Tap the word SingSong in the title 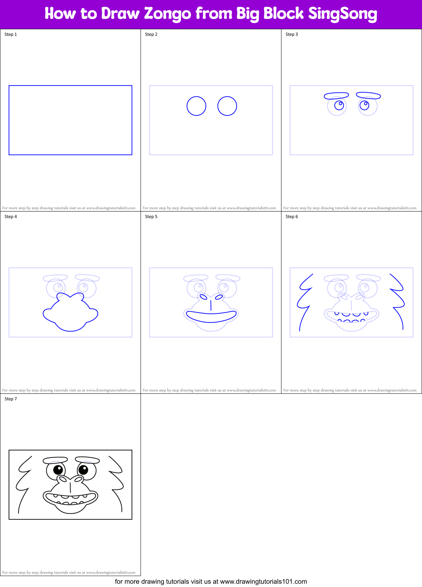pyautogui.click(x=342, y=14)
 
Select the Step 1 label pyautogui.click(x=11, y=34)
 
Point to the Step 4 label pyautogui.click(x=11, y=217)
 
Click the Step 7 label pyautogui.click(x=11, y=399)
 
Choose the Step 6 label pyautogui.click(x=292, y=217)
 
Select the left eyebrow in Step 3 pyautogui.click(x=336, y=96)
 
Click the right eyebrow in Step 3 pyautogui.click(x=368, y=96)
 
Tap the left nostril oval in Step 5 pyautogui.click(x=203, y=297)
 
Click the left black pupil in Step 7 pyautogui.click(x=58, y=470)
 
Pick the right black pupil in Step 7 pyautogui.click(x=83, y=469)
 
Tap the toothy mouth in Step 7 pyautogui.click(x=70, y=498)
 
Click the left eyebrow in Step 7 pyautogui.click(x=55, y=460)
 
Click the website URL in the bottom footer pyautogui.click(x=263, y=582)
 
